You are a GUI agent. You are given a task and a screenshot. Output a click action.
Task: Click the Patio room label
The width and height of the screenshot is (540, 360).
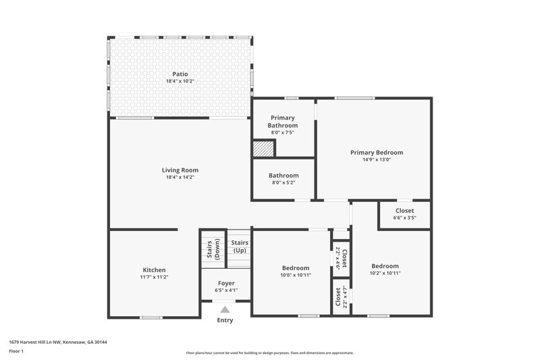(x=180, y=74)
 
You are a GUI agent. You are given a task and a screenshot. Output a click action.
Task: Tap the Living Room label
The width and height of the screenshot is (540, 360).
(x=180, y=170)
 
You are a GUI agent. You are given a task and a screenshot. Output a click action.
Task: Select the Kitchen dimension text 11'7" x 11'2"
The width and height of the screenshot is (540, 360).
(x=154, y=277)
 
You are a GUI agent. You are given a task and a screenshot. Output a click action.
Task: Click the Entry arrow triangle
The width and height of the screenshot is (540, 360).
(x=225, y=310)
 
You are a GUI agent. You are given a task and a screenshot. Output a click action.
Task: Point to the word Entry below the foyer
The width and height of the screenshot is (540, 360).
(x=225, y=320)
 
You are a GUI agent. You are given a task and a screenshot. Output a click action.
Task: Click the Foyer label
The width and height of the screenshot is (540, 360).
(x=226, y=283)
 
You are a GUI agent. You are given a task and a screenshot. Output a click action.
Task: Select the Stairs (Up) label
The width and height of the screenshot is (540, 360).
(x=240, y=246)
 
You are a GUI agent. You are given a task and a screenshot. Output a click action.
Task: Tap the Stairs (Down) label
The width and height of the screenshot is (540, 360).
(x=213, y=249)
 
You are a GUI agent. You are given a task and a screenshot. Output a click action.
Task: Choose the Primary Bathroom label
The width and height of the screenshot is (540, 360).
(x=283, y=122)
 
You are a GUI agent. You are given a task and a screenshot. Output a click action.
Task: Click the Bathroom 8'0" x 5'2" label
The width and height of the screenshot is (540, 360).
(x=284, y=176)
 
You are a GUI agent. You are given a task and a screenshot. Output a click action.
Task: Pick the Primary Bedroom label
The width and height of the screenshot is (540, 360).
(x=376, y=153)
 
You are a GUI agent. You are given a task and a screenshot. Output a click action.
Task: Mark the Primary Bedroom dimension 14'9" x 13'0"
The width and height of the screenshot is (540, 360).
(x=376, y=160)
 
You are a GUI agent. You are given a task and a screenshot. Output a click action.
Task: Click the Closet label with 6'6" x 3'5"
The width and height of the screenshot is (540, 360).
(x=405, y=211)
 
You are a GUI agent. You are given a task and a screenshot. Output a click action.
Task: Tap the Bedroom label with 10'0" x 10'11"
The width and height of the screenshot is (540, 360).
(x=296, y=267)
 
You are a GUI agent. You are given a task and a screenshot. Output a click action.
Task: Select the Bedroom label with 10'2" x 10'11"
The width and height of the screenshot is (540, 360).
(x=385, y=266)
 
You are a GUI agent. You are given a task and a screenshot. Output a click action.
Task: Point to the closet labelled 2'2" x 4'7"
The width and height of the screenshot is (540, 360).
(x=342, y=297)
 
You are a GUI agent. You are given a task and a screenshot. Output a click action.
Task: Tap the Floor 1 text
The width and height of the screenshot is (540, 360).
(x=16, y=351)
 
